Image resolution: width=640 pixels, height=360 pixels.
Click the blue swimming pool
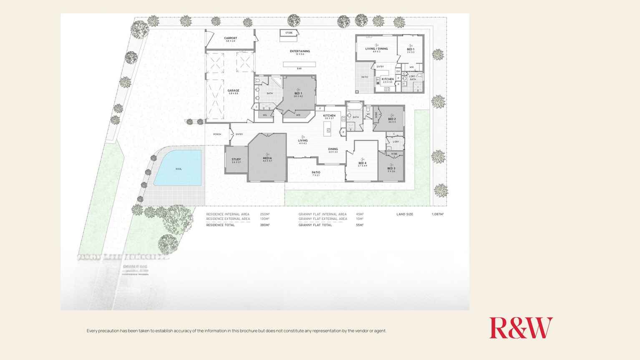tap(178, 169)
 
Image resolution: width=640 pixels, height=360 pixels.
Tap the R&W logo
tap(521, 328)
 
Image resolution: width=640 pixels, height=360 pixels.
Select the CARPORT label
tap(230, 38)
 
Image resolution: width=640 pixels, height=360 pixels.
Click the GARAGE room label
tap(233, 91)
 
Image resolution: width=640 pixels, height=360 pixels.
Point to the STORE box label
tap(289, 33)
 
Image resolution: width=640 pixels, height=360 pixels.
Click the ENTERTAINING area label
tap(300, 51)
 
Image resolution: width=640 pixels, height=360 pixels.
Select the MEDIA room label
tap(267, 158)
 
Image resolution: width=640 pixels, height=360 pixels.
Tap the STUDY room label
tap(236, 159)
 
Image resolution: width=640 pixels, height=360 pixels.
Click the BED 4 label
tap(362, 163)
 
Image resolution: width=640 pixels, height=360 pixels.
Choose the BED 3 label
tap(391, 169)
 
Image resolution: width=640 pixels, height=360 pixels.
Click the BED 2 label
tap(392, 119)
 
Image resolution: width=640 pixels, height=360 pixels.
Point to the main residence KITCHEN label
tap(329, 116)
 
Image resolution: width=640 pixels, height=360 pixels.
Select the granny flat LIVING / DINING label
tap(376, 49)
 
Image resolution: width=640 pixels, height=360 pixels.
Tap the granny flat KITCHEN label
tap(388, 79)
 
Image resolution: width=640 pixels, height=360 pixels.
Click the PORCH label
tap(217, 134)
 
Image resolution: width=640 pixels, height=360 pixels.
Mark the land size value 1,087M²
tap(438, 214)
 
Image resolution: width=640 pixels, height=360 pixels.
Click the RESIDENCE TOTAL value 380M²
tap(265, 225)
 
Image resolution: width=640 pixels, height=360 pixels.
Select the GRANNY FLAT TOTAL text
tap(315, 225)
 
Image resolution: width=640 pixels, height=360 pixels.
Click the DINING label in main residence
tap(333, 149)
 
